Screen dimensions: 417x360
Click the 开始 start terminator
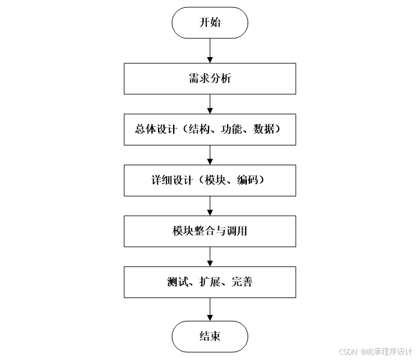coord(210,23)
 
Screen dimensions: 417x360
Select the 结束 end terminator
coord(210,335)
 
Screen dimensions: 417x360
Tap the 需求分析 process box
coord(210,78)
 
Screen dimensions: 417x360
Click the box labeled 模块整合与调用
coord(210,231)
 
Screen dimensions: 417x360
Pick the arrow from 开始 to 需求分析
coord(210,50)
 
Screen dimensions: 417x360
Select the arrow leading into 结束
coord(210,309)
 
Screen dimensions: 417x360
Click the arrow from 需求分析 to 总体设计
coord(210,103)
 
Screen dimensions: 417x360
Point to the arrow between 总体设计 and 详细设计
coord(210,154)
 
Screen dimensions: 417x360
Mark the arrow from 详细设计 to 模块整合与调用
coord(210,205)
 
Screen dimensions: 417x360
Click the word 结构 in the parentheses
coord(198,129)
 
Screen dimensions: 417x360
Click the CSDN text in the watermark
coord(349,352)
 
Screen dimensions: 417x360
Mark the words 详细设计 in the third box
coord(166,180)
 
